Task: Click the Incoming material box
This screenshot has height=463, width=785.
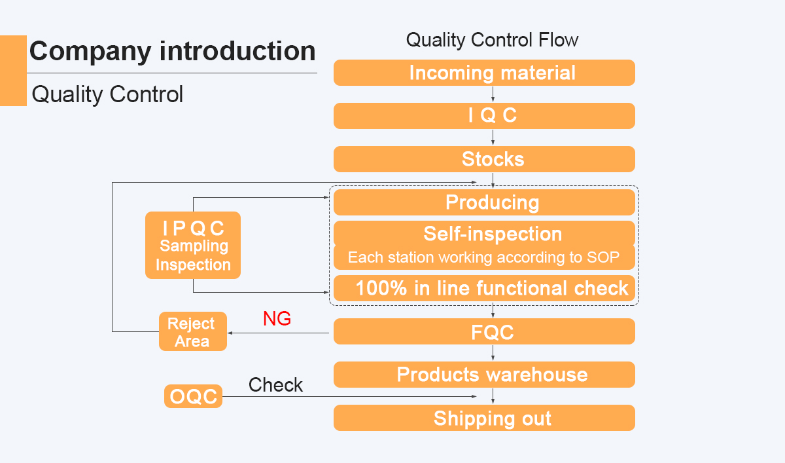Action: (484, 73)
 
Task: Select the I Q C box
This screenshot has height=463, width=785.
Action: (484, 116)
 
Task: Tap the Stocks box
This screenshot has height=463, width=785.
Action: (484, 159)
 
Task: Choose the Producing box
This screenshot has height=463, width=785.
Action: (484, 202)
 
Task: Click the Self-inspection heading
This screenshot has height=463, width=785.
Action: (493, 234)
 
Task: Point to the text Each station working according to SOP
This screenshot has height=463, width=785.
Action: (483, 257)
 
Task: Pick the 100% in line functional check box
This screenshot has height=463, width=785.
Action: (484, 288)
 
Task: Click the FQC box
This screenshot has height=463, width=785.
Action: (484, 331)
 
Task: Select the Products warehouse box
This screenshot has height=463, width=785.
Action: (484, 375)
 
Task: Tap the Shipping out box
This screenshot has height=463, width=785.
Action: (484, 418)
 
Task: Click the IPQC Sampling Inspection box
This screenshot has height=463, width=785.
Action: (193, 245)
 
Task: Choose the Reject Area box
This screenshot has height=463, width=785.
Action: (193, 331)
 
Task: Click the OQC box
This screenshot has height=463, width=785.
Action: (194, 396)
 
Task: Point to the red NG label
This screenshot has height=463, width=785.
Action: (277, 318)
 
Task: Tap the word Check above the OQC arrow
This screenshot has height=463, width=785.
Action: (275, 385)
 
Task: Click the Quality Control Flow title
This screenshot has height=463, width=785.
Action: (492, 40)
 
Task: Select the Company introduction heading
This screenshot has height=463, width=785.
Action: (173, 51)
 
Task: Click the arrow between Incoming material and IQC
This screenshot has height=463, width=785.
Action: (493, 94)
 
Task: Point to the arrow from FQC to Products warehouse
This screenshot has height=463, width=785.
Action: (493, 353)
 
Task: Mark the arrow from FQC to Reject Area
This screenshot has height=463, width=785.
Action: (278, 333)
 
